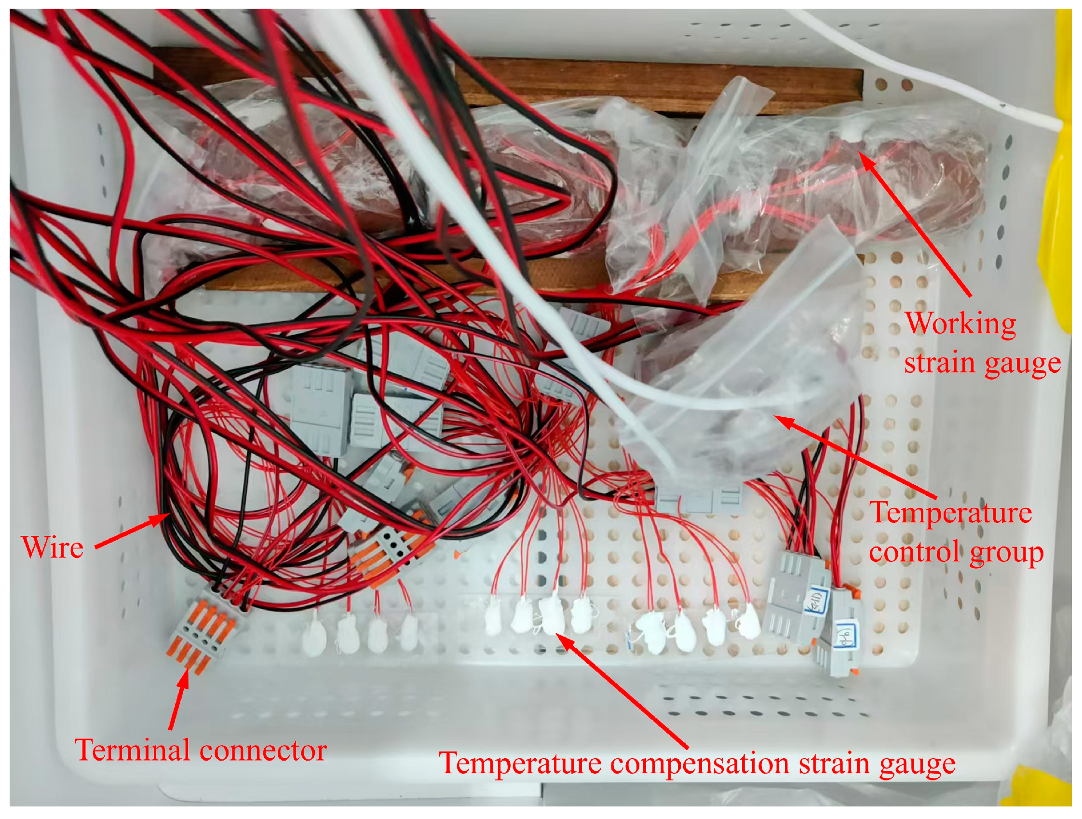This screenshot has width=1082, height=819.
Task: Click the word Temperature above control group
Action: pyautogui.click(x=950, y=513)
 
